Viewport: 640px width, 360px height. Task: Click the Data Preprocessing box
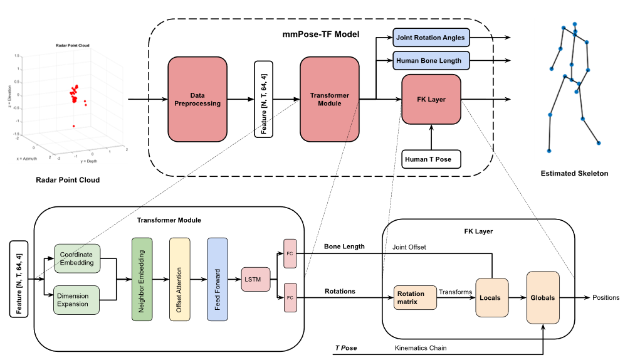(x=197, y=99)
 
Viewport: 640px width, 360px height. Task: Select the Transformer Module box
(x=329, y=99)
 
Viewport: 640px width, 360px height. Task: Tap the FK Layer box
(x=431, y=99)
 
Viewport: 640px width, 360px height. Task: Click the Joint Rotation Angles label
(x=431, y=38)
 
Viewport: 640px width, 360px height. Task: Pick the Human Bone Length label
(x=431, y=61)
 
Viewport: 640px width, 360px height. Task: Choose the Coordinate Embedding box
(x=76, y=258)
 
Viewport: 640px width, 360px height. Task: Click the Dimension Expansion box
(x=76, y=300)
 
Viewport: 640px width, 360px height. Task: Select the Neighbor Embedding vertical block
(x=142, y=279)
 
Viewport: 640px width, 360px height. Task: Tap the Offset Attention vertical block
(x=179, y=279)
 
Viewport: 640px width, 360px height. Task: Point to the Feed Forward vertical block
(x=217, y=279)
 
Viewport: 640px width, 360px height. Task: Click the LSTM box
(x=255, y=279)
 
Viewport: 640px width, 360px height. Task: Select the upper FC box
(x=290, y=253)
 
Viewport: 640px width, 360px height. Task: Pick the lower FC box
(x=290, y=297)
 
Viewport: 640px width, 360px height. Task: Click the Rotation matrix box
(x=415, y=298)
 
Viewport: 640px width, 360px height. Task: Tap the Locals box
(x=491, y=297)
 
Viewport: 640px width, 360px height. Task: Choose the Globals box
(x=542, y=297)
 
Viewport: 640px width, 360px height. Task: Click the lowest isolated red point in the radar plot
(x=73, y=126)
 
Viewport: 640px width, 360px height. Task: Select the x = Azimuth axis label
(x=26, y=159)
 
